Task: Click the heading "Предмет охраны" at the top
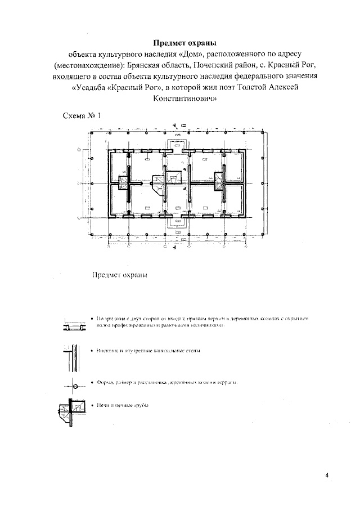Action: pyautogui.click(x=184, y=43)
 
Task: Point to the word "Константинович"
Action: pyautogui.click(x=184, y=97)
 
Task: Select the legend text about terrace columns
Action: pyautogui.click(x=166, y=382)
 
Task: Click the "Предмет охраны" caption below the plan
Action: pyautogui.click(x=119, y=276)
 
